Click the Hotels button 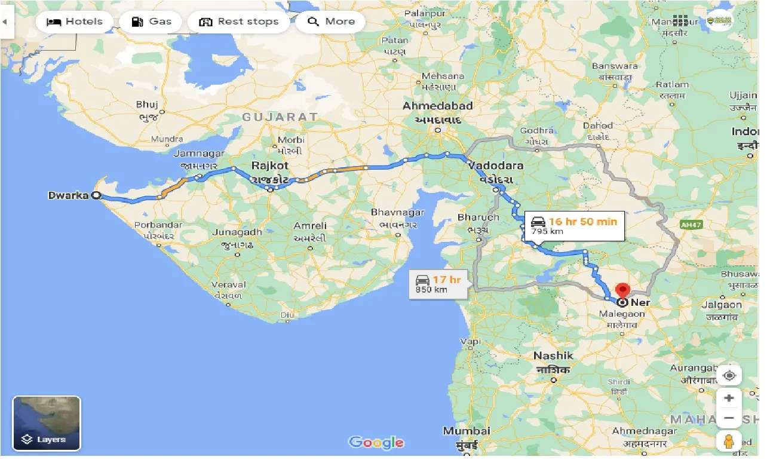point(75,22)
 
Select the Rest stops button point(239,22)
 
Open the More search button point(331,22)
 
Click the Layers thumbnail point(47,423)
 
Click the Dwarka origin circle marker point(96,195)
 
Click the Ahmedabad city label point(438,106)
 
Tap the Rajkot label point(270,165)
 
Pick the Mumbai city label point(467,431)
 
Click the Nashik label point(553,356)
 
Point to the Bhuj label point(146,104)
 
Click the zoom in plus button point(729,398)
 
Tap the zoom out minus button point(729,418)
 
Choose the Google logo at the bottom point(376,443)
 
